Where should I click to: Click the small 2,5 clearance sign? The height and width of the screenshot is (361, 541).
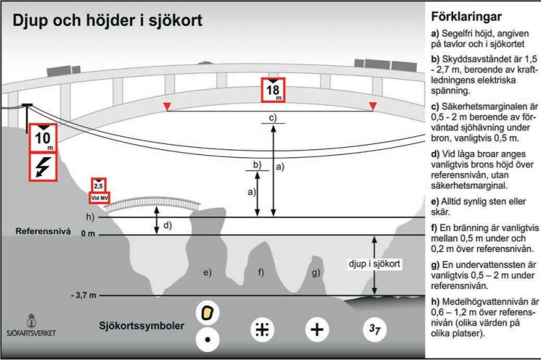point(96,184)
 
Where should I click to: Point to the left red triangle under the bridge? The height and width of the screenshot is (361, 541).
point(167,106)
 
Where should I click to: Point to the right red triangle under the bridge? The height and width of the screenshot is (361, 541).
point(372,106)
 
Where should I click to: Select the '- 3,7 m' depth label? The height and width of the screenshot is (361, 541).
point(83,295)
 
